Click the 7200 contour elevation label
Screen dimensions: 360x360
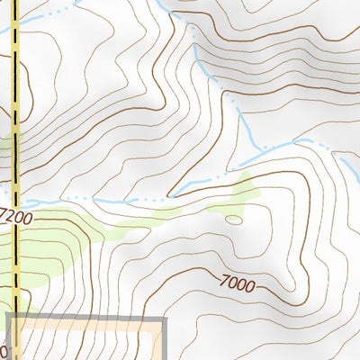17,217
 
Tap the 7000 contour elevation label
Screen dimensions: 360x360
237,283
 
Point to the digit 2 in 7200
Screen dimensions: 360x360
13,217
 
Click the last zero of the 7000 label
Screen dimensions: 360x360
249,288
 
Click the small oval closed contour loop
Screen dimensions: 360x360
233,219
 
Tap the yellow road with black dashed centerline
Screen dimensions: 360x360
15,108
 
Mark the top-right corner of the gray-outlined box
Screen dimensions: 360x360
165,319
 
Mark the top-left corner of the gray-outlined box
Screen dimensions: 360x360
9,319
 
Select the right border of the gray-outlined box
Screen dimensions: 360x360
165,342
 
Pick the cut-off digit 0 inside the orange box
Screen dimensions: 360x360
4,349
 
